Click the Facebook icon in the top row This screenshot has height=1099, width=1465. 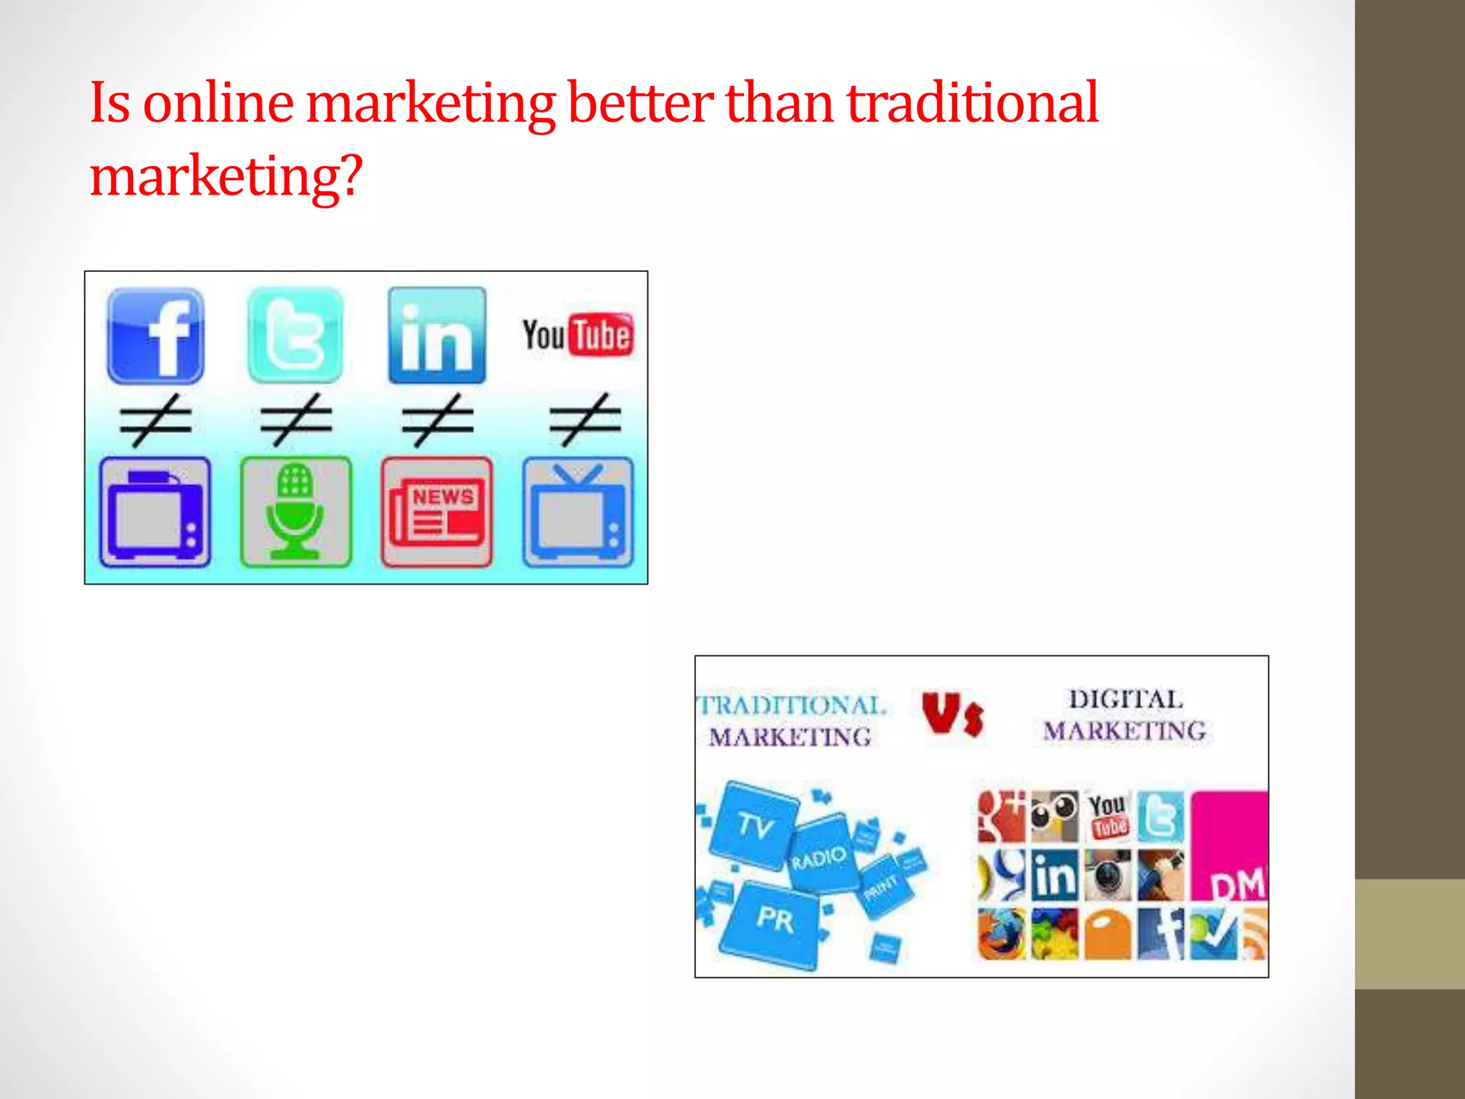tap(156, 336)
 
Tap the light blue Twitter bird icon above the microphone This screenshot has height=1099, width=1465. tap(295, 336)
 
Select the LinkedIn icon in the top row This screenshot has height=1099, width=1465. tap(436, 336)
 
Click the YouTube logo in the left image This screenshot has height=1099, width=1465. tap(578, 335)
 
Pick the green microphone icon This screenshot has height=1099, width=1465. tap(295, 512)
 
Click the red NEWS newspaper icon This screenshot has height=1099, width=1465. tap(436, 512)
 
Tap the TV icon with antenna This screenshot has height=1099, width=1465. tap(578, 512)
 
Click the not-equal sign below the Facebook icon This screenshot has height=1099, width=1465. tap(156, 419)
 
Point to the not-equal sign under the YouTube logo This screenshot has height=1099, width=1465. tap(585, 419)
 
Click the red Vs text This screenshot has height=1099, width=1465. tap(952, 714)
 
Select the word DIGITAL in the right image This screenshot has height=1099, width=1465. tap(1125, 699)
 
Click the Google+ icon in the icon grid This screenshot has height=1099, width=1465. tap(1001, 816)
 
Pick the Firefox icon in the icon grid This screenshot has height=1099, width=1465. tap(1001, 934)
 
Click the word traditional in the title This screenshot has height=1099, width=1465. tap(972, 102)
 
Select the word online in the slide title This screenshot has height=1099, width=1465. tap(218, 102)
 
